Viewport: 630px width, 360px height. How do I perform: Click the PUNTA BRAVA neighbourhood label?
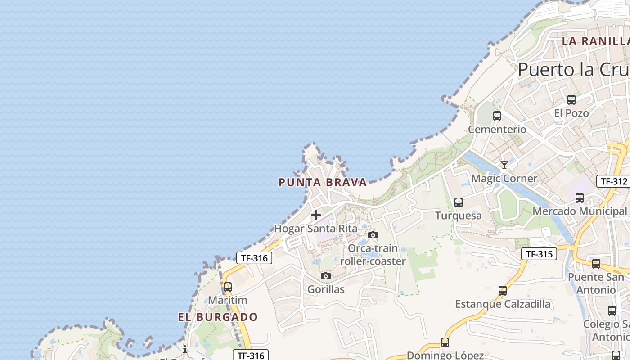click(x=323, y=182)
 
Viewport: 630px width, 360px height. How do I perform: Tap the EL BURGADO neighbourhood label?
click(x=218, y=317)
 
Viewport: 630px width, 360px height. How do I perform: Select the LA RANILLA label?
click(x=595, y=41)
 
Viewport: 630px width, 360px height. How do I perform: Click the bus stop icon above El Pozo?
click(x=571, y=100)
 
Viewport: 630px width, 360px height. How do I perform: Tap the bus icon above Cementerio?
click(x=497, y=116)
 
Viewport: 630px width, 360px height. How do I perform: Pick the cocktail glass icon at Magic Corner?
click(x=504, y=165)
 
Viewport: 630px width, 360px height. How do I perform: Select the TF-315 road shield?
click(x=539, y=254)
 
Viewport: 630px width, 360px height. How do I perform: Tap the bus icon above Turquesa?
click(x=458, y=202)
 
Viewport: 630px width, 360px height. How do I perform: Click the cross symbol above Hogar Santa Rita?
click(x=316, y=215)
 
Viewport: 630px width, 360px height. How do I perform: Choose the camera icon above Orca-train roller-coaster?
click(x=373, y=235)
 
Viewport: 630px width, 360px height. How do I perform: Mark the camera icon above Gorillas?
click(x=326, y=276)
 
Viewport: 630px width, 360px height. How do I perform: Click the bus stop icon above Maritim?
click(x=228, y=287)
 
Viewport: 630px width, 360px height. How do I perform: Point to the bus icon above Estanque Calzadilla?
click(x=502, y=291)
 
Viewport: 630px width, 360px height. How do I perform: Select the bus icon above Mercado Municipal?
click(x=579, y=198)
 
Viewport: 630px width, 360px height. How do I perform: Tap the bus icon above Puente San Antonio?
click(x=596, y=264)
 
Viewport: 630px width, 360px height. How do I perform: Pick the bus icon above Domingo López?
click(x=445, y=342)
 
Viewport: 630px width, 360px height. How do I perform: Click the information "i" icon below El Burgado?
click(x=184, y=349)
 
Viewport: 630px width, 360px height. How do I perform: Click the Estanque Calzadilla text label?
click(x=503, y=304)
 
